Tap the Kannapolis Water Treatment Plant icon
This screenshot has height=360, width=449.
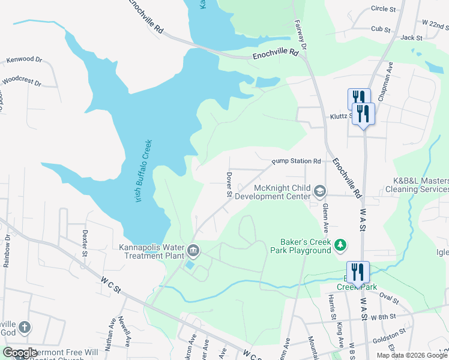coord(193,249)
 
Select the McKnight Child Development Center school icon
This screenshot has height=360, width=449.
coord(320,191)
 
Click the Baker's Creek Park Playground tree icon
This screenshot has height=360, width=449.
coord(341,244)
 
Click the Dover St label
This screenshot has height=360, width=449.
coord(229,185)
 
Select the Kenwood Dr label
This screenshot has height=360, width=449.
coord(25,60)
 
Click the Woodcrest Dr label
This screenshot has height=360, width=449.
coord(22,81)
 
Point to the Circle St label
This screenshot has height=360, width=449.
coord(384,9)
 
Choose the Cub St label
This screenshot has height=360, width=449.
coord(381,29)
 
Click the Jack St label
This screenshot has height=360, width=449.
coord(411,37)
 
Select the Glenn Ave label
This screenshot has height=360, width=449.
coord(325,217)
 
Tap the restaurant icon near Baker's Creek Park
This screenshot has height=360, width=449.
coord(358,272)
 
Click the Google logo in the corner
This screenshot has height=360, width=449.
coord(20,353)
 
